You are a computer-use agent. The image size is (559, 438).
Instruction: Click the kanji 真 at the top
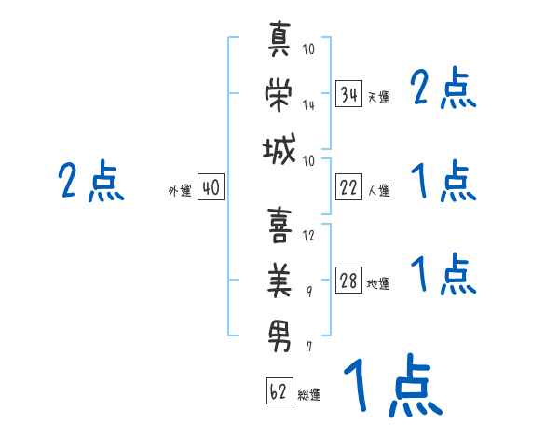pos(279,38)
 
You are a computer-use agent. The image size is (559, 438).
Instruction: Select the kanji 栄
pos(279,94)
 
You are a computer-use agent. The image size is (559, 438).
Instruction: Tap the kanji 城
pos(279,149)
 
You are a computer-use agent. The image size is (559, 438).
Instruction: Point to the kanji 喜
pos(279,226)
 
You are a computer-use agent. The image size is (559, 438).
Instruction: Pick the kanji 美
pos(279,281)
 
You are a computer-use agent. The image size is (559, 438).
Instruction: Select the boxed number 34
pos(348,94)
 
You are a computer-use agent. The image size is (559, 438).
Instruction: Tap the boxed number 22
pos(348,187)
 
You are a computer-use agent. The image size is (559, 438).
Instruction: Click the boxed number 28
pos(348,281)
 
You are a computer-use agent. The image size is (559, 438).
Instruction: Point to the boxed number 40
pos(211,187)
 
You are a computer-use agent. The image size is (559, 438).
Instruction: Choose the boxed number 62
pos(279,391)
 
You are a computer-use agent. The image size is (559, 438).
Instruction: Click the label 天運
pos(379,97)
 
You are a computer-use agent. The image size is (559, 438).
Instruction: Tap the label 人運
pos(379,190)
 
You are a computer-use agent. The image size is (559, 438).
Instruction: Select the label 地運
pos(378,283)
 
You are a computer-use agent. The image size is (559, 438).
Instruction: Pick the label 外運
pos(180,190)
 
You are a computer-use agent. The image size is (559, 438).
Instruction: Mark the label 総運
pos(309,394)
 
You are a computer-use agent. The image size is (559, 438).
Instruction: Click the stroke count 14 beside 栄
pos(308,105)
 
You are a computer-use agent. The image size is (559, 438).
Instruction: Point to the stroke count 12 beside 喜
pos(308,235)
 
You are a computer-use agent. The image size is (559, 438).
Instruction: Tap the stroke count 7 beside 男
pos(309,347)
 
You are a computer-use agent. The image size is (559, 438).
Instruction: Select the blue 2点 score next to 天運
pos(443,88)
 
